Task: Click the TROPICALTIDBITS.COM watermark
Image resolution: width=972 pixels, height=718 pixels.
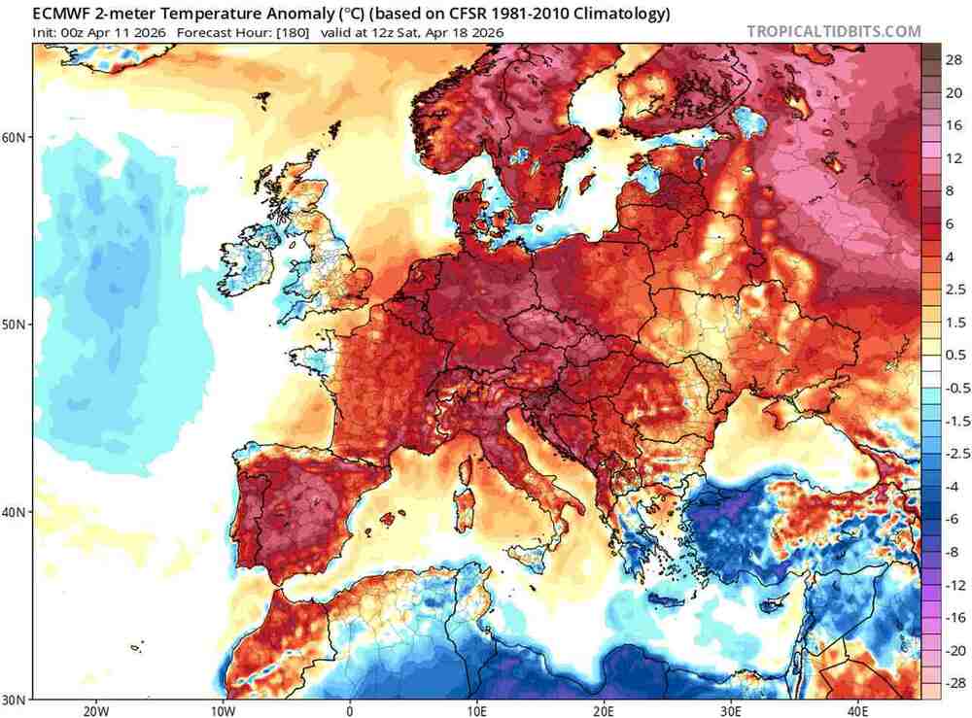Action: pyautogui.click(x=833, y=31)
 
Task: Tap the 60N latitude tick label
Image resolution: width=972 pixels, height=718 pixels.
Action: pyautogui.click(x=15, y=137)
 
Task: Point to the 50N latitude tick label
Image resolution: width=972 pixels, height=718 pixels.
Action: pyautogui.click(x=15, y=325)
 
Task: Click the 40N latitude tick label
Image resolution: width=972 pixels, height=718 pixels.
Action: pyautogui.click(x=15, y=512)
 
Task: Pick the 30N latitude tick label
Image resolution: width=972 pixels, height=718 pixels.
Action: pyautogui.click(x=15, y=699)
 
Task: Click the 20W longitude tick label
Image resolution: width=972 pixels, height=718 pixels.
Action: pyautogui.click(x=95, y=709)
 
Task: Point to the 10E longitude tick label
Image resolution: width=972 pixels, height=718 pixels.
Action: pyautogui.click(x=476, y=709)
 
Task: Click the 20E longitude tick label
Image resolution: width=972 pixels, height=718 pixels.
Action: pyautogui.click(x=604, y=709)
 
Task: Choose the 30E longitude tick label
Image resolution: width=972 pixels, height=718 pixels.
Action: pyautogui.click(x=730, y=709)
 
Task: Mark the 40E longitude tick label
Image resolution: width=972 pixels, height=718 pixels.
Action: pyautogui.click(x=857, y=709)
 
